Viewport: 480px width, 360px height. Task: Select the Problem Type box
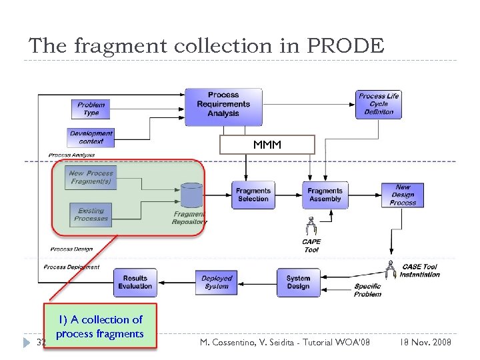(91, 109)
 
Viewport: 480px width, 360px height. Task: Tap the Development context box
(91, 137)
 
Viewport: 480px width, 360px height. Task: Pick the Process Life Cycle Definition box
(379, 104)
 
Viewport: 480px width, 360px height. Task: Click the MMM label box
(267, 145)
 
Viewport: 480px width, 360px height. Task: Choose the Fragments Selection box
(253, 195)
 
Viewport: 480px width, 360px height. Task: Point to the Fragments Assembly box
(325, 195)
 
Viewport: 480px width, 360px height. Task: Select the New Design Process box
(403, 195)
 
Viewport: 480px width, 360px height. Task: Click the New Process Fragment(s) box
(91, 177)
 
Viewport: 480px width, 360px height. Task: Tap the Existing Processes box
(91, 215)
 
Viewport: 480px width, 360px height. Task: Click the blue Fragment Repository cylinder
(191, 195)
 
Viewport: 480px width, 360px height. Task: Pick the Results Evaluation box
(135, 282)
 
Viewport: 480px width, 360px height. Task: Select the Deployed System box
(217, 282)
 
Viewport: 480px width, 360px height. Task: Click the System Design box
(298, 282)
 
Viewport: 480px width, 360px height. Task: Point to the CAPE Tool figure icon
(311, 227)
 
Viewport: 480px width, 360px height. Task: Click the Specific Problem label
(367, 290)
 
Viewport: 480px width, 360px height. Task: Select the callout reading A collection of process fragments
(100, 327)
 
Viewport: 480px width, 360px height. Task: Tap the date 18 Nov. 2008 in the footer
(425, 342)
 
